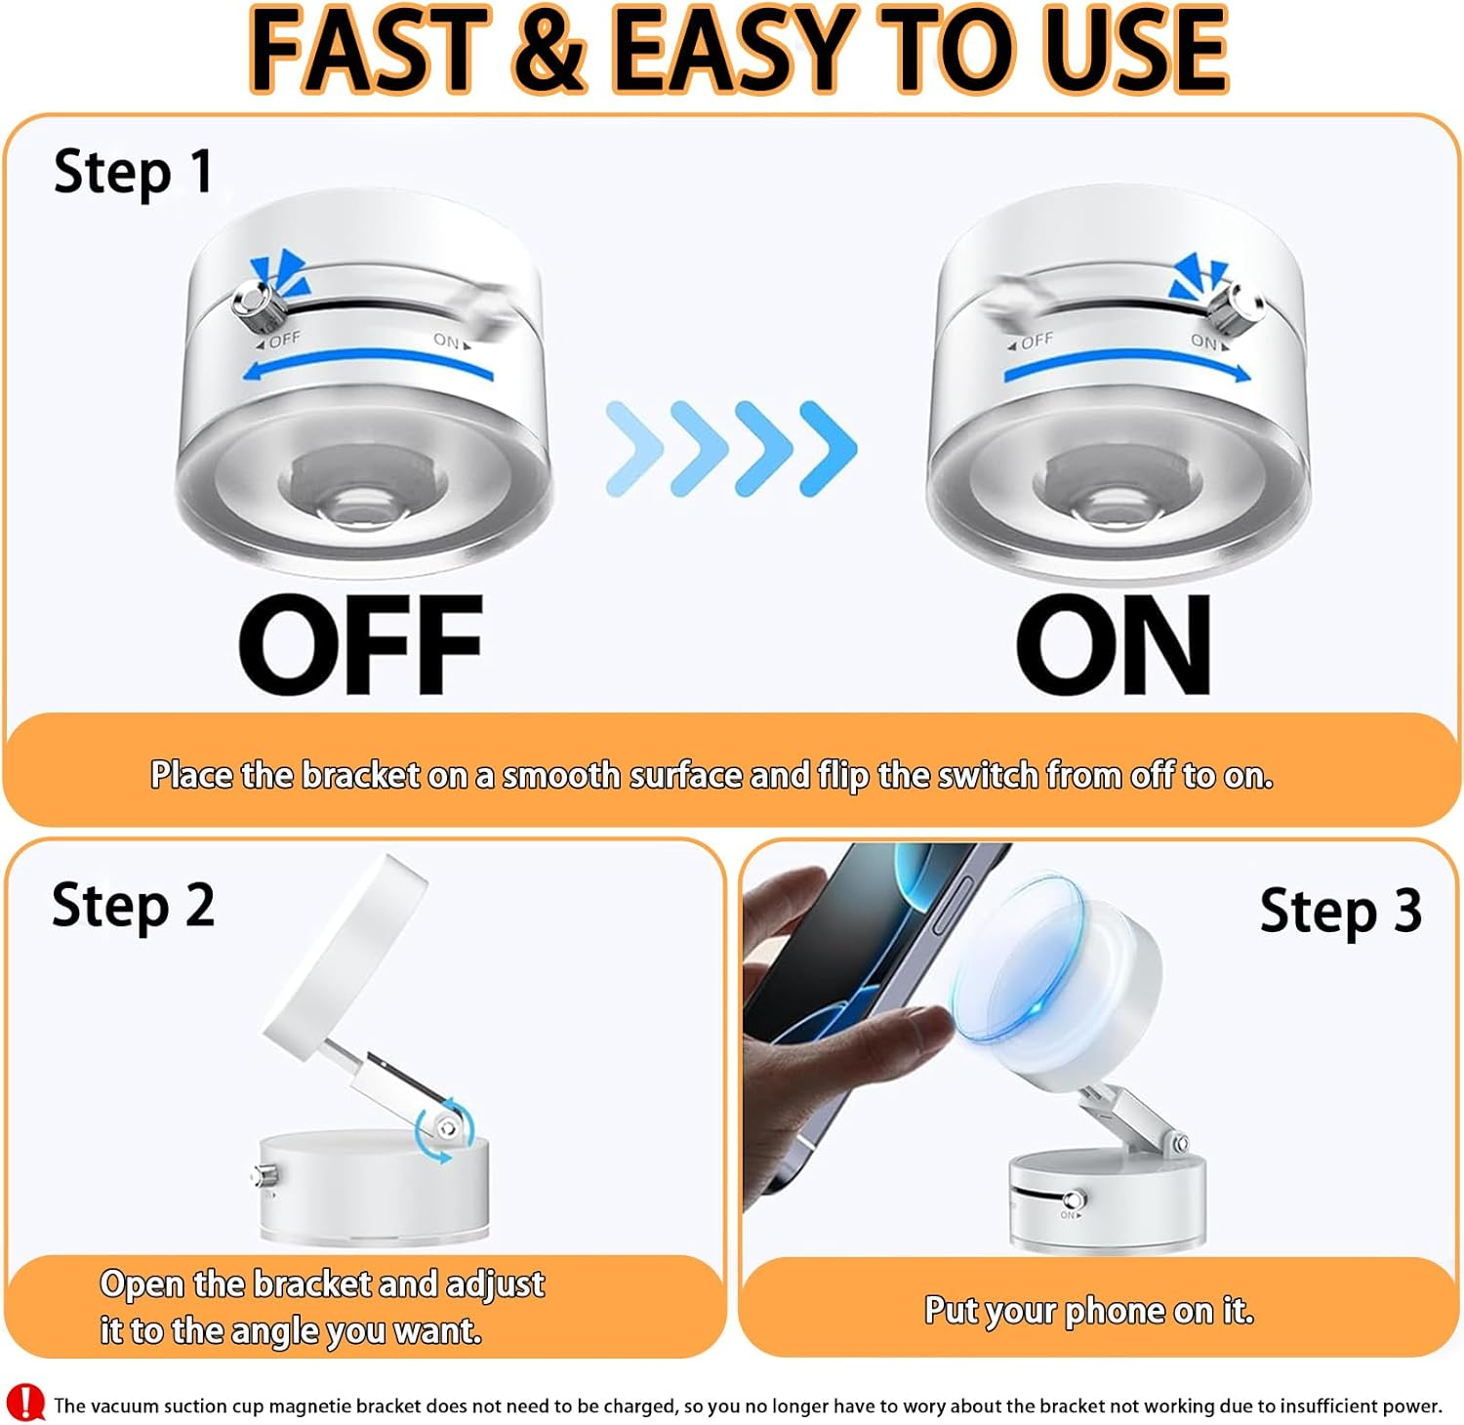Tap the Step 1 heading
(134, 172)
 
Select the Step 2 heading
(133, 906)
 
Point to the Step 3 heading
(1340, 912)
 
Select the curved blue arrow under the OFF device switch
(367, 359)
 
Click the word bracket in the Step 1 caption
(360, 775)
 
